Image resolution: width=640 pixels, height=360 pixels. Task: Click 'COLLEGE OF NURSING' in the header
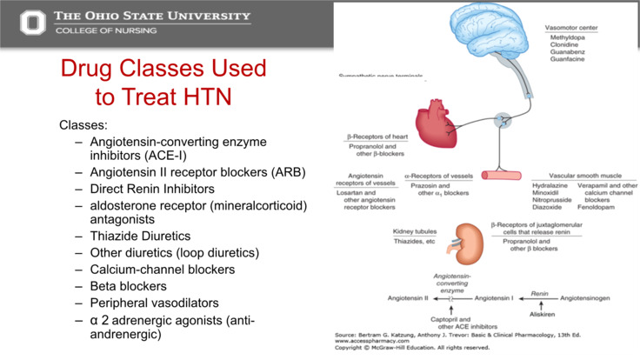(x=106, y=30)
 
